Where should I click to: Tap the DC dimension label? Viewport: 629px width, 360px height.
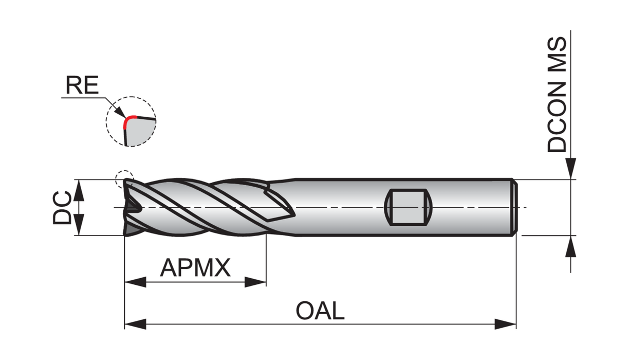coord(62,207)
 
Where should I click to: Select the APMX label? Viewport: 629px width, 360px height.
coord(195,268)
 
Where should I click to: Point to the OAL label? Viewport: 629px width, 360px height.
coord(320,311)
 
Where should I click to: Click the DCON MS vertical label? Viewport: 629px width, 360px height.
coord(557,95)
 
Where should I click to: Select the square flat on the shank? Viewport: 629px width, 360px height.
coord(409,207)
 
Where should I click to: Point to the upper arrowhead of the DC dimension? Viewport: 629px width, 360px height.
coord(79,190)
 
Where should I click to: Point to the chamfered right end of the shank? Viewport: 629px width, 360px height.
coord(514,207)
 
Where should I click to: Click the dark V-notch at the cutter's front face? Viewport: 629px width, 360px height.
coord(134,207)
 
